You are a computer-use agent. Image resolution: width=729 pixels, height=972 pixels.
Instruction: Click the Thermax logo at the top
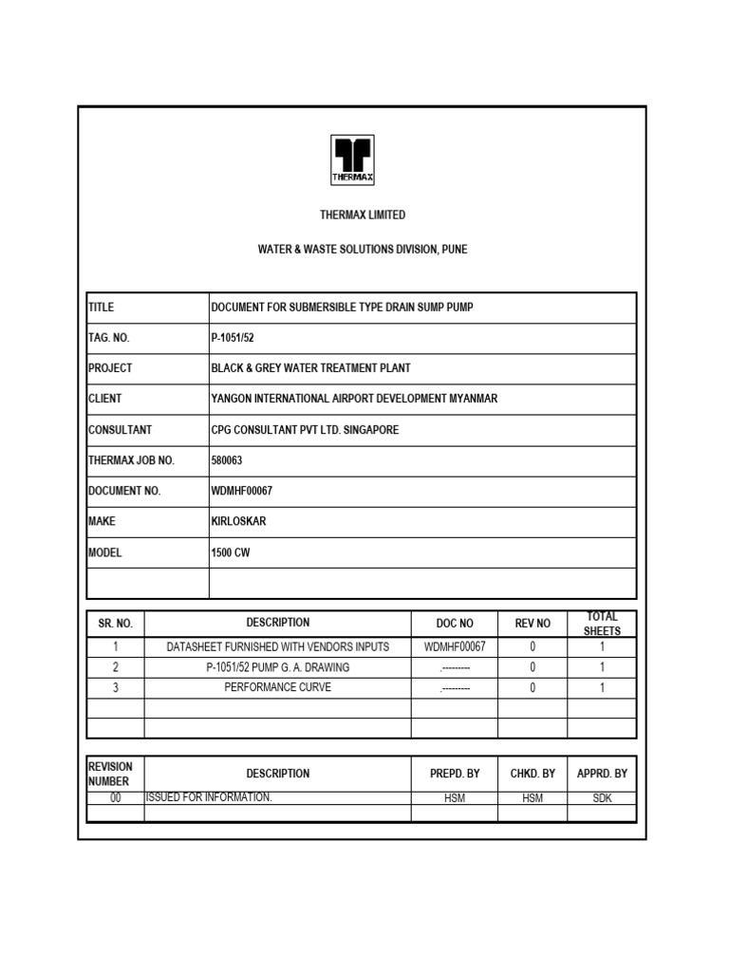pos(352,160)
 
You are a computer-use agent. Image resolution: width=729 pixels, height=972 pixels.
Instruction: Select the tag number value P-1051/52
pos(234,338)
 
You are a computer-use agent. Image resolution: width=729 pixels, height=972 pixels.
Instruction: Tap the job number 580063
pos(228,460)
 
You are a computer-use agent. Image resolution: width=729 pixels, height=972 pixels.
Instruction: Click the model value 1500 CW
pos(231,552)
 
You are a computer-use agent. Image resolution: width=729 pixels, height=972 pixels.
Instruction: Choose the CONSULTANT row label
pos(120,430)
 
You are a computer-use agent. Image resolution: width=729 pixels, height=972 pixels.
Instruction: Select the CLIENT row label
pos(105,399)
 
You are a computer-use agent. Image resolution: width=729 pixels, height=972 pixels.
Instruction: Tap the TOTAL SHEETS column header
pos(602,624)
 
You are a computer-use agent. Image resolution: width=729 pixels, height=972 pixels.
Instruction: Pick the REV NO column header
pos(533,624)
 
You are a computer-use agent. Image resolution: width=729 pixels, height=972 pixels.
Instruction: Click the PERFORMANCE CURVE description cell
pos(278,687)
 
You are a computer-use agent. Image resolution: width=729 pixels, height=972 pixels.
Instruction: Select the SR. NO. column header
pos(116,624)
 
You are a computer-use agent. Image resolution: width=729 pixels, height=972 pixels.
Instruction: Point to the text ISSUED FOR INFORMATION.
pos(209,797)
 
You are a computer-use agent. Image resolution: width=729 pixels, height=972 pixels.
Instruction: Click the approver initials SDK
pos(602,798)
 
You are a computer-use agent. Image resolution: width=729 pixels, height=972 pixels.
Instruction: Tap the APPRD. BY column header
pos(602,774)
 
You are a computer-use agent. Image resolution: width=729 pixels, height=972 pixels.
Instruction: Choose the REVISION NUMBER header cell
pos(110,774)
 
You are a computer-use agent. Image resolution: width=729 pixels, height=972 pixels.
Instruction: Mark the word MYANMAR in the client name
pos(464,399)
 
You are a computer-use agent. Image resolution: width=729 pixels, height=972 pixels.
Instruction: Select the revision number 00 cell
pos(116,798)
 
